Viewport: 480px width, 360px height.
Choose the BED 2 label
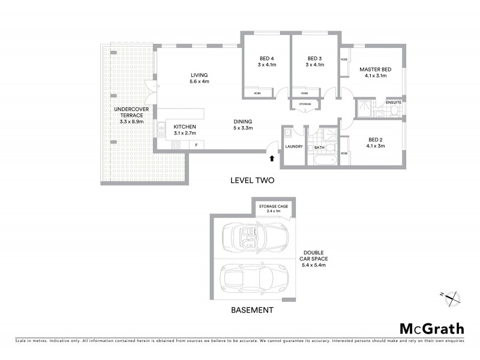pyautogui.click(x=376, y=140)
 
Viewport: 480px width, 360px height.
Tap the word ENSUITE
pyautogui.click(x=394, y=102)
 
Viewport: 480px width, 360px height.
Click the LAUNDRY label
pyautogui.click(x=294, y=146)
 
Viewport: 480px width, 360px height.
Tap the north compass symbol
pyautogui.click(x=453, y=296)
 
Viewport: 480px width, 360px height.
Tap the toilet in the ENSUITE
pyautogui.click(x=380, y=112)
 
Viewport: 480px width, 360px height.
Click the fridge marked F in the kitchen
pyautogui.click(x=196, y=145)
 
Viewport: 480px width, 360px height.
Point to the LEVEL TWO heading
pyautogui.click(x=253, y=180)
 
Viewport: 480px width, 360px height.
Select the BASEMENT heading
pyautogui.click(x=252, y=310)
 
